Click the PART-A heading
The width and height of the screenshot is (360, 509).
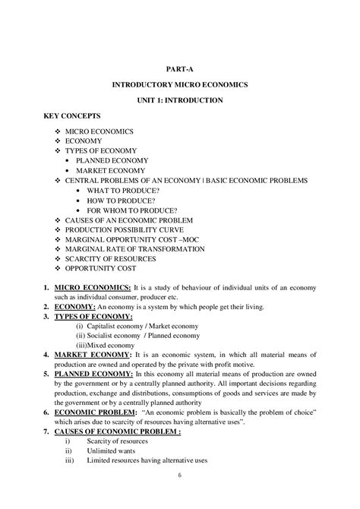point(179,68)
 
